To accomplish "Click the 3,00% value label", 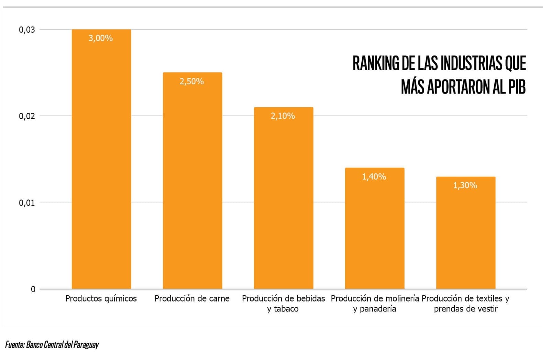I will [100, 38].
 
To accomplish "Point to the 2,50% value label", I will [191, 81].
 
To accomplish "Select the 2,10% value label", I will [283, 116].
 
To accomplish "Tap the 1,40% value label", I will [374, 177].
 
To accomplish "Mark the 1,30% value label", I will [465, 186].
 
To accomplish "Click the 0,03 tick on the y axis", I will [27, 30].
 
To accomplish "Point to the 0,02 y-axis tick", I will [27, 116].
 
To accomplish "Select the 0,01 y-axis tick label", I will [27, 203].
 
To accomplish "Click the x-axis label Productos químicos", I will [101, 298].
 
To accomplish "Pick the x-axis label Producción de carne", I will [192, 298].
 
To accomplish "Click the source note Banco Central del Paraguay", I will [62, 345].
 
